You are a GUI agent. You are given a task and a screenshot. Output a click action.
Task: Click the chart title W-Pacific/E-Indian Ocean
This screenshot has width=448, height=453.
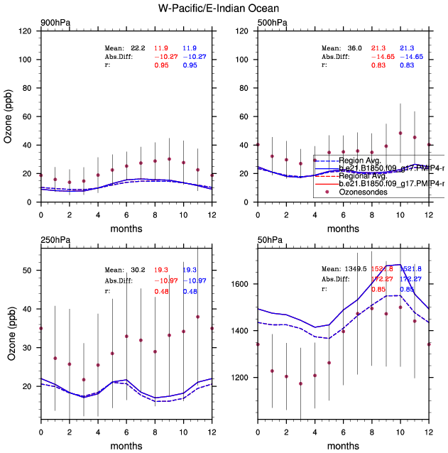(x=224, y=9)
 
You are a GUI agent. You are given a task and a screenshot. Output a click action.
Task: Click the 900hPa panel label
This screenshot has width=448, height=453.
(x=55, y=23)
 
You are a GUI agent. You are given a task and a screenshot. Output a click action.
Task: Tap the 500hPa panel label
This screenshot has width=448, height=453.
(x=271, y=23)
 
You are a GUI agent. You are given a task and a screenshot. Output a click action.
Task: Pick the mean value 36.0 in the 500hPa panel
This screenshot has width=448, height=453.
(x=354, y=47)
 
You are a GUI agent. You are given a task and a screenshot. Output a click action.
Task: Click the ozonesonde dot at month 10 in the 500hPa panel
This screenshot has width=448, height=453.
(x=400, y=133)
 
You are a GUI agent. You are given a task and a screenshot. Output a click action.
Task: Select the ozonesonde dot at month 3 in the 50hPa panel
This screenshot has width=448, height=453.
(x=300, y=384)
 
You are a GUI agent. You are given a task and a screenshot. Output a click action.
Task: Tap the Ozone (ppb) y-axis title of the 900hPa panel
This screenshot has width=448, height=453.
(x=9, y=116)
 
